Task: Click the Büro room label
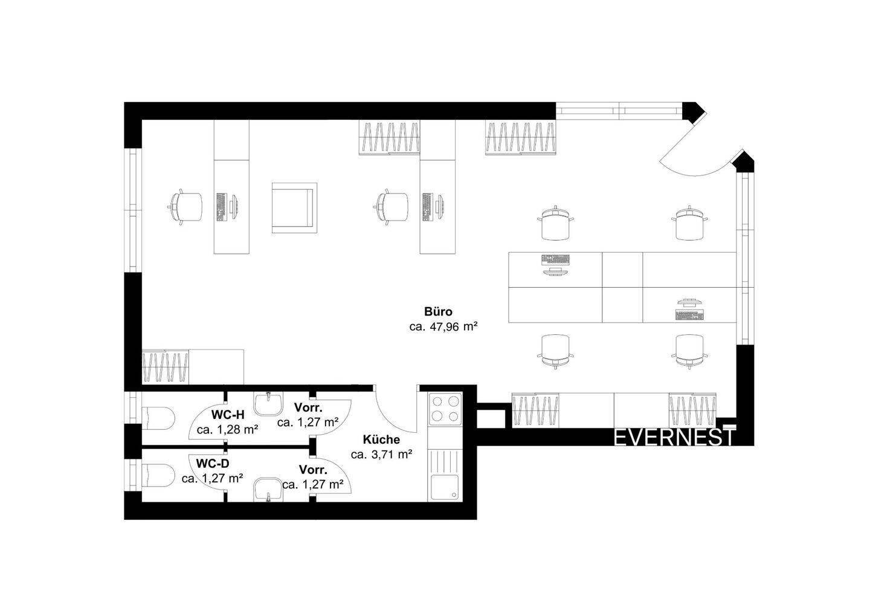[438, 313]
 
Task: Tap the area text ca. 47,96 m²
[443, 328]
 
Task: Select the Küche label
[381, 439]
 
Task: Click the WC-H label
[228, 415]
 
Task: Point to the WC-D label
[213, 464]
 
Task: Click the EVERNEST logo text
[674, 437]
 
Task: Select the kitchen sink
[445, 488]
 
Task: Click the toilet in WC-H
[158, 417]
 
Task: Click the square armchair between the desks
[294, 207]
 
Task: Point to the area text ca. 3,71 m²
[381, 455]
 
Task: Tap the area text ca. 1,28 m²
[228, 430]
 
